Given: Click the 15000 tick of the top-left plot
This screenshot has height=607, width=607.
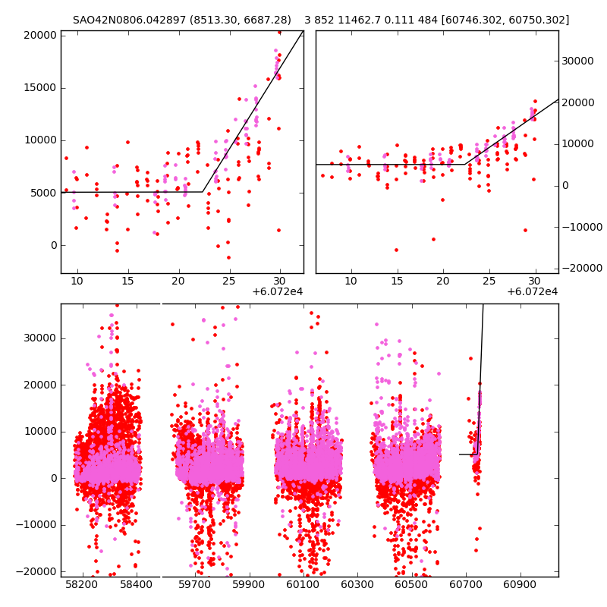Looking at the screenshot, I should (x=39, y=87).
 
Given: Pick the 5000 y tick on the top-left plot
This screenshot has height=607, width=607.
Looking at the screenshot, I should (x=42, y=193).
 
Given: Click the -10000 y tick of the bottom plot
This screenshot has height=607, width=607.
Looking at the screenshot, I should (x=37, y=524).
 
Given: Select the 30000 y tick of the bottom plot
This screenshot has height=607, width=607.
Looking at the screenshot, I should (x=39, y=338).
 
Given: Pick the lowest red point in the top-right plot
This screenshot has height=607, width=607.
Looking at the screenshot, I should (x=396, y=250).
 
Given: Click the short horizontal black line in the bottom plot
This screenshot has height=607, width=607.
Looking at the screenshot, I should (x=467, y=454).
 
